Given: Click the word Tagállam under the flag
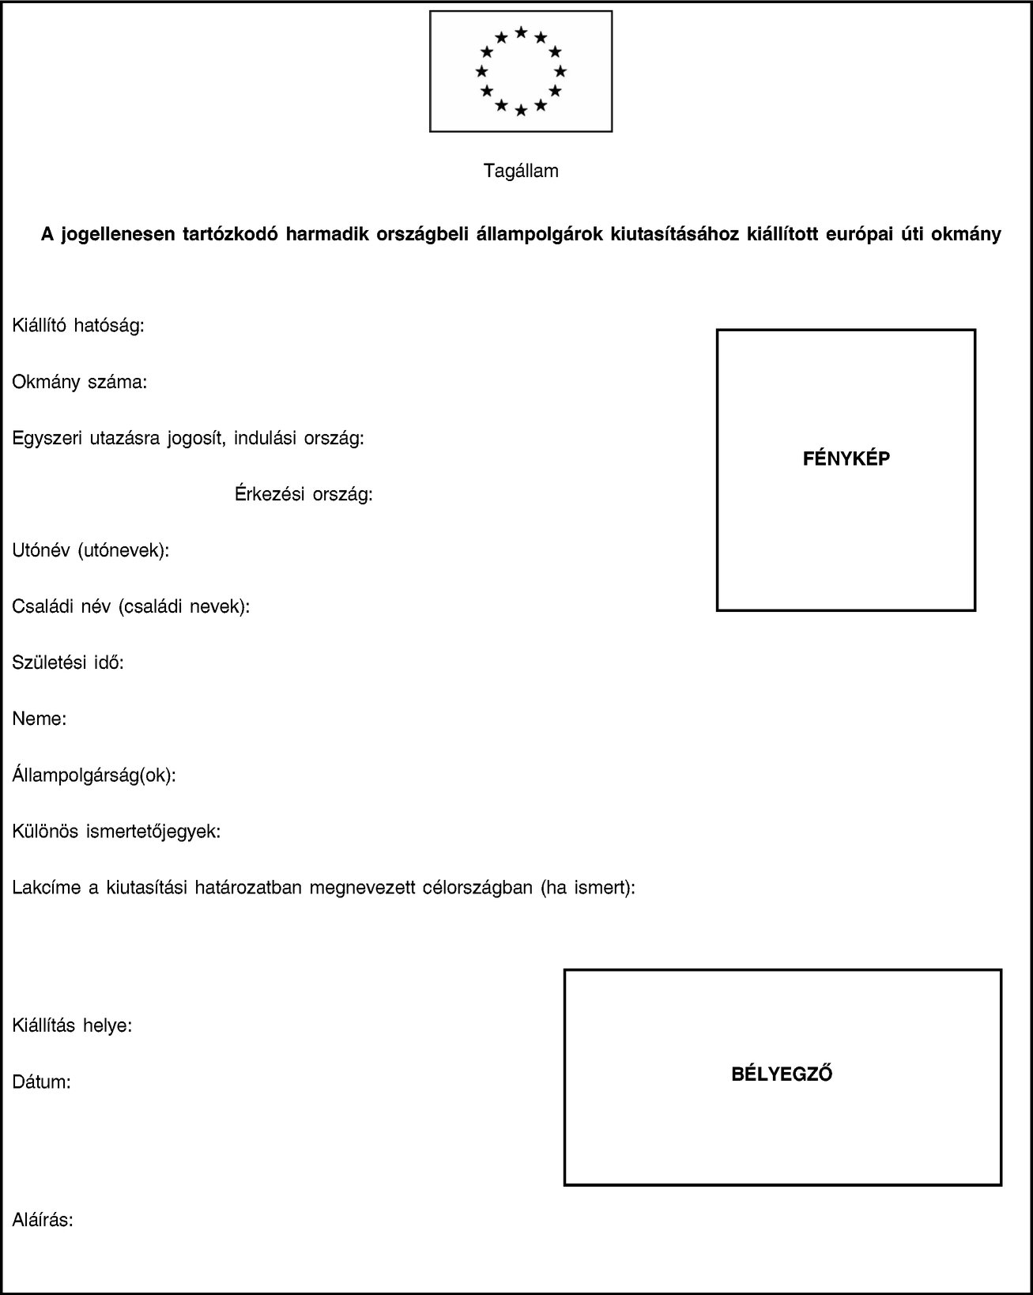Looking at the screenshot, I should point(521,171).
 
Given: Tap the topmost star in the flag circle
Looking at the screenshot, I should point(521,32).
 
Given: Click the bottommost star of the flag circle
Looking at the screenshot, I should point(521,111).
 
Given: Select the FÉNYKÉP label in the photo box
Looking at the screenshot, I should point(846,458).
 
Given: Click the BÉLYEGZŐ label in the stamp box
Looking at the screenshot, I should point(782,1074).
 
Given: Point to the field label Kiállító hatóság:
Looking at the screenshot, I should point(78,325).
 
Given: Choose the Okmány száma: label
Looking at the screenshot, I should point(79,382).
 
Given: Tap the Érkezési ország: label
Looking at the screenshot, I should point(304,495).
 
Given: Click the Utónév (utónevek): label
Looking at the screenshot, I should point(91,550).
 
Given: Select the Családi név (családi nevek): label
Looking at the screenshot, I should point(131,606).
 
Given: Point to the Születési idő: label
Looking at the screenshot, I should point(68,663).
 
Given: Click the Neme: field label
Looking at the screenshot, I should point(40,719).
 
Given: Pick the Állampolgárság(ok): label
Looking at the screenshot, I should point(94,775).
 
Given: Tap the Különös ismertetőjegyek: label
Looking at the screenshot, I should point(116,832).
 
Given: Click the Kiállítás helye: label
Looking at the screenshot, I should point(72,1025).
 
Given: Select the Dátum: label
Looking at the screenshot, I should point(42,1082).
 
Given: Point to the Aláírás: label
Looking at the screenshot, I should point(43,1220).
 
